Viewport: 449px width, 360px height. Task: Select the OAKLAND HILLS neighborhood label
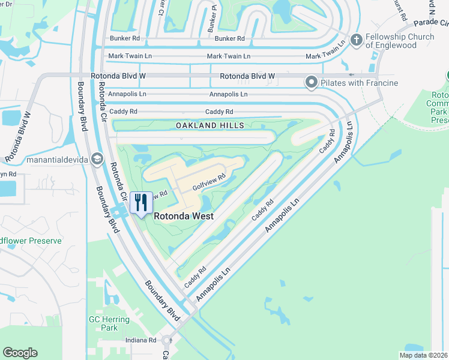(x=209, y=125)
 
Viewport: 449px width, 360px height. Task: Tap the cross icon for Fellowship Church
(x=357, y=40)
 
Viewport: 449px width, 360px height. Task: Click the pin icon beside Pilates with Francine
(x=311, y=82)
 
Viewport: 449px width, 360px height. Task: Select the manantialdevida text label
(x=57, y=160)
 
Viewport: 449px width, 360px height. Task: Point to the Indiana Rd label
(x=141, y=340)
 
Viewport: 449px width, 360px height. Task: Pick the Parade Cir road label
(x=431, y=23)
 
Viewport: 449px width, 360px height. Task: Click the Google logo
(x=20, y=353)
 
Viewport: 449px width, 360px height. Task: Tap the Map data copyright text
(x=423, y=355)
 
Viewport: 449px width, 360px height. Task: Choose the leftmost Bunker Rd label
(x=124, y=38)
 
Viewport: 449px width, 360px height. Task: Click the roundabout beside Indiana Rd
(x=166, y=340)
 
